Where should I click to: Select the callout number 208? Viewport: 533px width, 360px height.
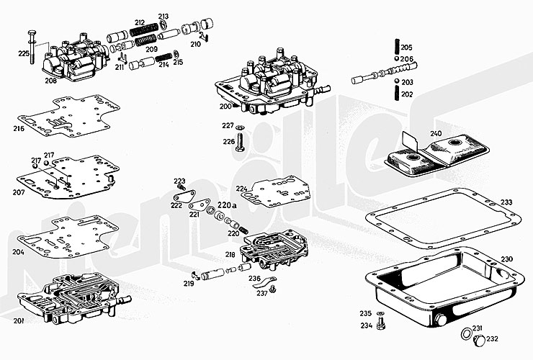pyautogui.click(x=50, y=81)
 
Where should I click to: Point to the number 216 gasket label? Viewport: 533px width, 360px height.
pyautogui.click(x=18, y=129)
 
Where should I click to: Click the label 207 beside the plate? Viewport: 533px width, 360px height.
pyautogui.click(x=18, y=192)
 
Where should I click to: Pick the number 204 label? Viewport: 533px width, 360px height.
pyautogui.click(x=18, y=252)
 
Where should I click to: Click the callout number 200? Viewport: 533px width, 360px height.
pyautogui.click(x=225, y=107)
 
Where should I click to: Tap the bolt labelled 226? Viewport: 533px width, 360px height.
pyautogui.click(x=240, y=142)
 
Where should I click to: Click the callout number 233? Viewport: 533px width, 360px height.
pyautogui.click(x=506, y=202)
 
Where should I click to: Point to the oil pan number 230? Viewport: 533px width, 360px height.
pyautogui.click(x=506, y=259)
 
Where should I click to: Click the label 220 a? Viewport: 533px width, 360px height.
pyautogui.click(x=225, y=205)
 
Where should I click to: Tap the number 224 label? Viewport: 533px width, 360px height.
pyautogui.click(x=241, y=189)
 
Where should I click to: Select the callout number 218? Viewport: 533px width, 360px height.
pyautogui.click(x=230, y=254)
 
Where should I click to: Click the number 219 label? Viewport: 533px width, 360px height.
pyautogui.click(x=189, y=284)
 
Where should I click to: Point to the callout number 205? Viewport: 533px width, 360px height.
pyautogui.click(x=407, y=46)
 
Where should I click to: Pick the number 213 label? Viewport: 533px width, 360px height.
pyautogui.click(x=164, y=17)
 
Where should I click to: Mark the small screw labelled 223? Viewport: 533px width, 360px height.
pyautogui.click(x=182, y=188)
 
